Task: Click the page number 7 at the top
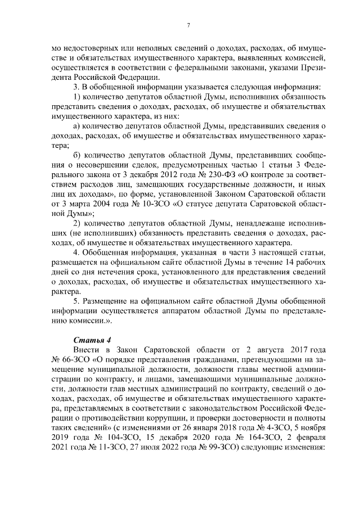pyautogui.click(x=188, y=25)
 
